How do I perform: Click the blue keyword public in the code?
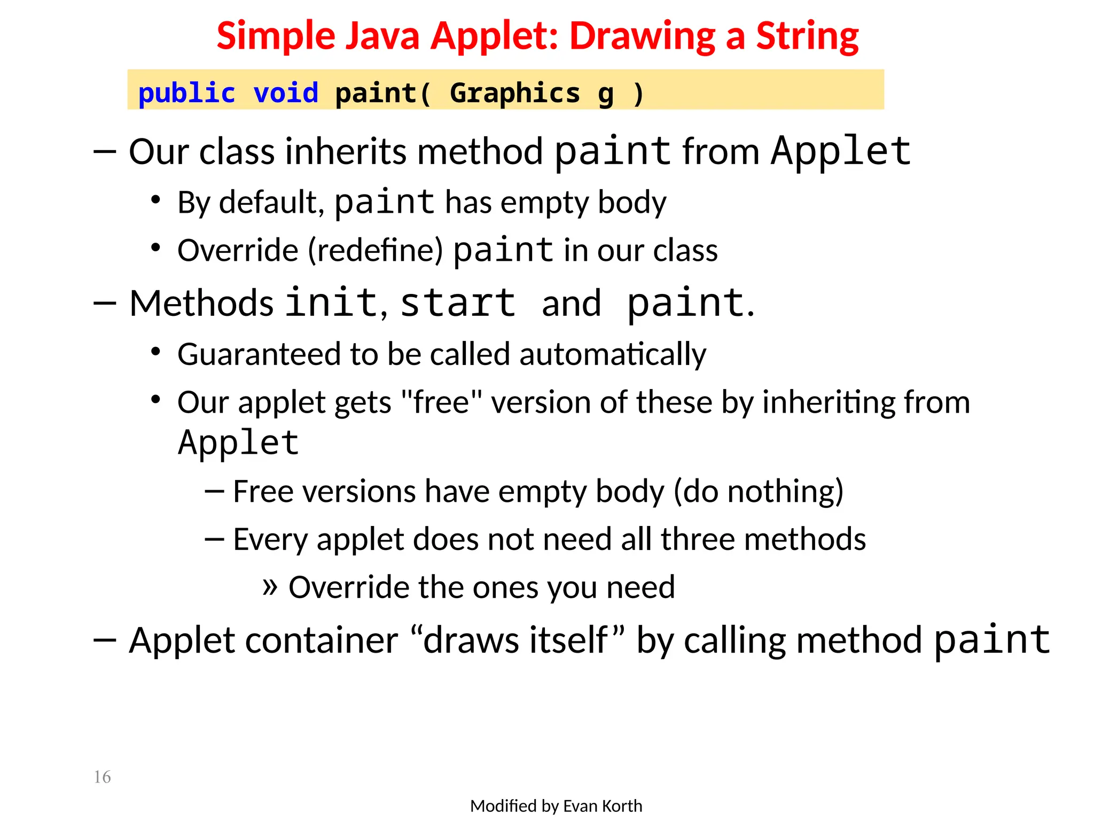click(186, 94)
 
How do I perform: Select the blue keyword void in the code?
click(286, 93)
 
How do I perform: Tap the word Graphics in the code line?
click(514, 93)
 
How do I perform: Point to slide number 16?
click(102, 777)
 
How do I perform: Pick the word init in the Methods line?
click(331, 303)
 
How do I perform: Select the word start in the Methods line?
click(458, 303)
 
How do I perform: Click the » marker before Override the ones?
click(270, 587)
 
